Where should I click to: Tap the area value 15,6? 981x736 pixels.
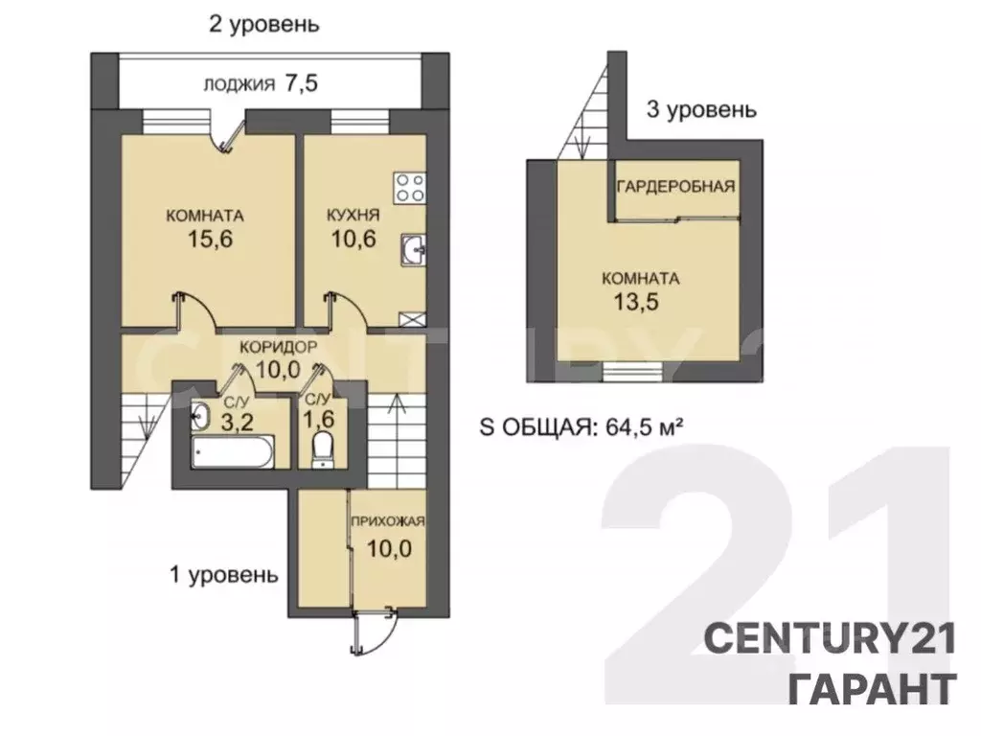tap(205, 240)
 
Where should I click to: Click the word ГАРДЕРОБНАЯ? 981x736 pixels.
tap(676, 186)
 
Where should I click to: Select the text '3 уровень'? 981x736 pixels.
tap(701, 110)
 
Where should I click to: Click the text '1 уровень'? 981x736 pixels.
tap(223, 575)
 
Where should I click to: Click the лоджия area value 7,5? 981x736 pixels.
tap(299, 83)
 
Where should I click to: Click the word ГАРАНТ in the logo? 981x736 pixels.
tap(871, 687)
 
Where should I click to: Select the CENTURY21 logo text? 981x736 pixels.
tap(831, 637)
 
